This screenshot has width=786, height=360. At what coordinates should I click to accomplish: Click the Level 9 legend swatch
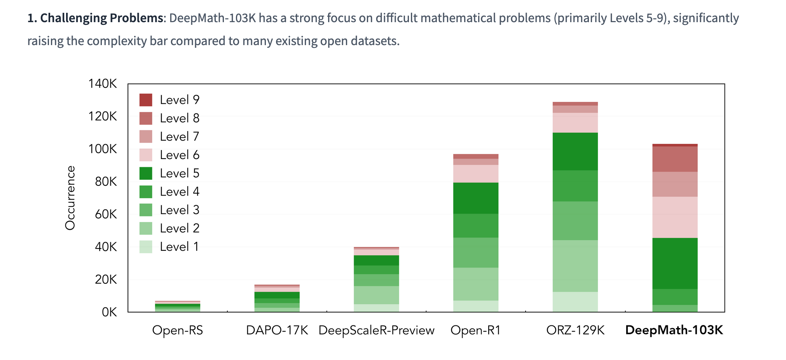pos(146,100)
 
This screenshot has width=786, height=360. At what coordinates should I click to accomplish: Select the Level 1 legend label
pos(179,247)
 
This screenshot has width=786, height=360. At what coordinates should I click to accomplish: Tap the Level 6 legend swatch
pos(146,155)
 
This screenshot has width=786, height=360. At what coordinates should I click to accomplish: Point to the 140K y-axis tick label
pos(102,84)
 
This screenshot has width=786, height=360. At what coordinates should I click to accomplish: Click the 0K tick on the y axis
pos(109,312)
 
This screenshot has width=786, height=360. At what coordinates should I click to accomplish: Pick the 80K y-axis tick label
pos(105,182)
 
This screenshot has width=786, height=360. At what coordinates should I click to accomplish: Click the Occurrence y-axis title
pos(70,198)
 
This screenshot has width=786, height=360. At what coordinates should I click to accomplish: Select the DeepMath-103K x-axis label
pos(674,330)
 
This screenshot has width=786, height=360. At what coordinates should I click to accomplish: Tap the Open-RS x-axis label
pos(178,330)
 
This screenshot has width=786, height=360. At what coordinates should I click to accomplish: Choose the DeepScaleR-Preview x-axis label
pos(376,330)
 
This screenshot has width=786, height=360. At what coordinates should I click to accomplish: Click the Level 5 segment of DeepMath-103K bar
pos(675,263)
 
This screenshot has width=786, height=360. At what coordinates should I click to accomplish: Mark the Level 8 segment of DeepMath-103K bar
pos(675,159)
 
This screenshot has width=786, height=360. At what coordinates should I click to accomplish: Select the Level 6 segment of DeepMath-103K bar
pos(675,217)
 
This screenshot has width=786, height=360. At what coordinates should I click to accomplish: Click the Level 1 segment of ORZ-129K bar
pos(575,302)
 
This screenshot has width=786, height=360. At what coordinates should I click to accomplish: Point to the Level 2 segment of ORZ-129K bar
pos(575,266)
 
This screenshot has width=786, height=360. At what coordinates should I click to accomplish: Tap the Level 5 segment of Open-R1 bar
pos(476,198)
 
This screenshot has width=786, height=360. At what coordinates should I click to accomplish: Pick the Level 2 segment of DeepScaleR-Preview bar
pos(376,295)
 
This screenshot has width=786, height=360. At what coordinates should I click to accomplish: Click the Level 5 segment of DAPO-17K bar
pos(277,295)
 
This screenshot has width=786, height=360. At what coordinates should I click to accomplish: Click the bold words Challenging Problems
pos(101,18)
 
